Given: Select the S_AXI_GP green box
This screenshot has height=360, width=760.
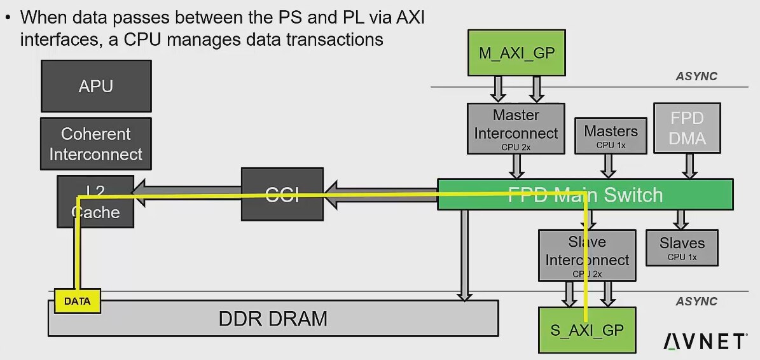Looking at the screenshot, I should [587, 329].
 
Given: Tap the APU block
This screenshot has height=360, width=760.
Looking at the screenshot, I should [96, 86].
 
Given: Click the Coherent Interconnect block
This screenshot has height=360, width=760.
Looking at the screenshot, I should [96, 144].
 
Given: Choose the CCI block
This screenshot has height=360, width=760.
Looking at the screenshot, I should [282, 195].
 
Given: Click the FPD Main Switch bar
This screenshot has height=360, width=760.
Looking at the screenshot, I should [585, 195].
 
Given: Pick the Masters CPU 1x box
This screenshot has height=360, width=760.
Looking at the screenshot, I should [611, 135].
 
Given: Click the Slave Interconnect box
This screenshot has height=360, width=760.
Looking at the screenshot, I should [587, 254].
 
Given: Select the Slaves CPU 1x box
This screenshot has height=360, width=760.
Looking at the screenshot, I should [682, 247].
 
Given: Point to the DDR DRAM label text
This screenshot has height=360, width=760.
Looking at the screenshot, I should [273, 318].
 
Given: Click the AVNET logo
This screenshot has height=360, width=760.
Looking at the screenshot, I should [704, 342].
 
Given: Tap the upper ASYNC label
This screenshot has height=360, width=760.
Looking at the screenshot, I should [696, 76].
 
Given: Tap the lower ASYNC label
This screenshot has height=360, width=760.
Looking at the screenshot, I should [696, 301].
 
